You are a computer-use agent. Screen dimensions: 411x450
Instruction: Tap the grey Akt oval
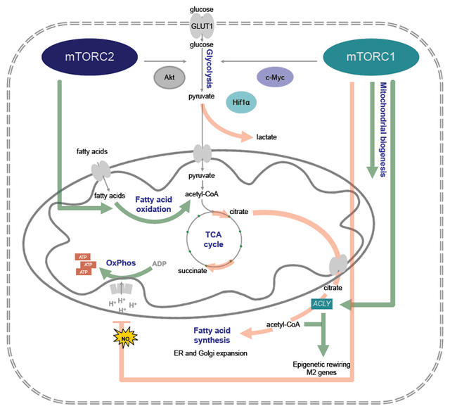coord(170,76)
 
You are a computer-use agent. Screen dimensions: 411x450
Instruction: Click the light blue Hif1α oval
coord(245,103)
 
